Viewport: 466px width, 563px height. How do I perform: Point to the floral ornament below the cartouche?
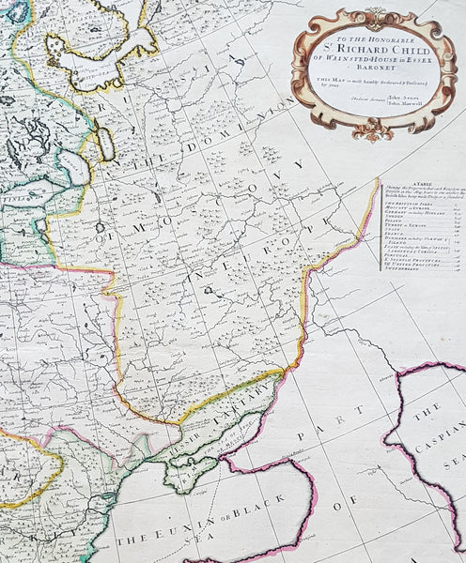pos(373,129)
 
